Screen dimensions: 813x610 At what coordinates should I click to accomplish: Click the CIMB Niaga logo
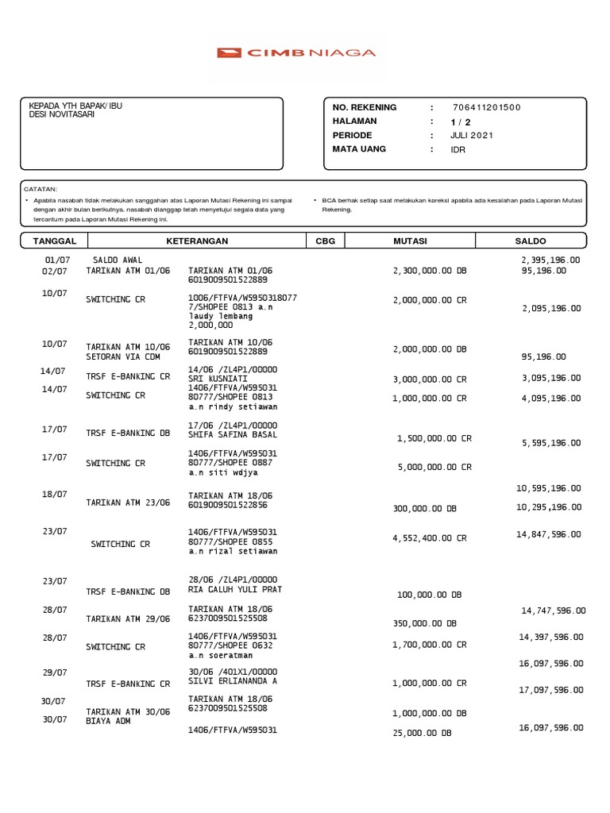pos(296,53)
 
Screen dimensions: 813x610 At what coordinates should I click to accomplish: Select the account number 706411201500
pos(486,108)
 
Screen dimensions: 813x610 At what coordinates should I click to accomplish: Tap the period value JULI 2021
pos(471,136)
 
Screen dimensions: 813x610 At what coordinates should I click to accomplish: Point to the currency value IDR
pos(458,149)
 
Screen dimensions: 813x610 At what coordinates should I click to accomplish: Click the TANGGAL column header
pos(54,241)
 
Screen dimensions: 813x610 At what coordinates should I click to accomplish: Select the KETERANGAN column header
pos(197,241)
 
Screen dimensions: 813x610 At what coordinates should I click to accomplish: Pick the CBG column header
pos(325,241)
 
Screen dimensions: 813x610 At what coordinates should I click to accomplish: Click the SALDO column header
pos(531,241)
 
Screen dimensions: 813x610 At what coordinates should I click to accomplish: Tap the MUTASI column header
pos(410,241)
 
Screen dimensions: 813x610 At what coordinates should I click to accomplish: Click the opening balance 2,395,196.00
pos(550,260)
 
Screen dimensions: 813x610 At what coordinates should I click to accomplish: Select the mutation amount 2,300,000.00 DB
pos(430,271)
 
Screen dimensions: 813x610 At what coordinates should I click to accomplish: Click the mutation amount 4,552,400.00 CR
pos(430,538)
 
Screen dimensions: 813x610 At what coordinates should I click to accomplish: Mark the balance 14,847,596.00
pos(548,535)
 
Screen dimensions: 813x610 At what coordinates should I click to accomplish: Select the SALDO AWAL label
pos(118,260)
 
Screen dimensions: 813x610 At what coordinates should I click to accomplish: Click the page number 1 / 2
pos(461,121)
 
